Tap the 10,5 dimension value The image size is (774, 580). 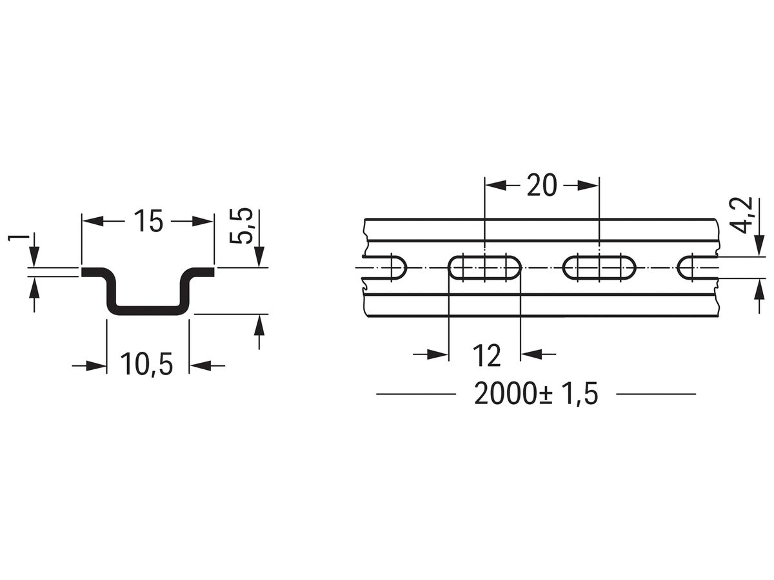[x=148, y=365]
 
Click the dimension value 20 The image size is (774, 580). [x=541, y=186]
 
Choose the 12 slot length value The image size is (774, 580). [x=486, y=354]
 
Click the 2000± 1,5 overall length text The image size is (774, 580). [x=536, y=394]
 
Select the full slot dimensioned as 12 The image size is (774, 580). [x=484, y=267]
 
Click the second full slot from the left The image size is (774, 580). [x=599, y=267]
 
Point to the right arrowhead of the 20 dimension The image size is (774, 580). [x=590, y=186]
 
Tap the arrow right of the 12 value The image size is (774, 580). [x=529, y=354]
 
